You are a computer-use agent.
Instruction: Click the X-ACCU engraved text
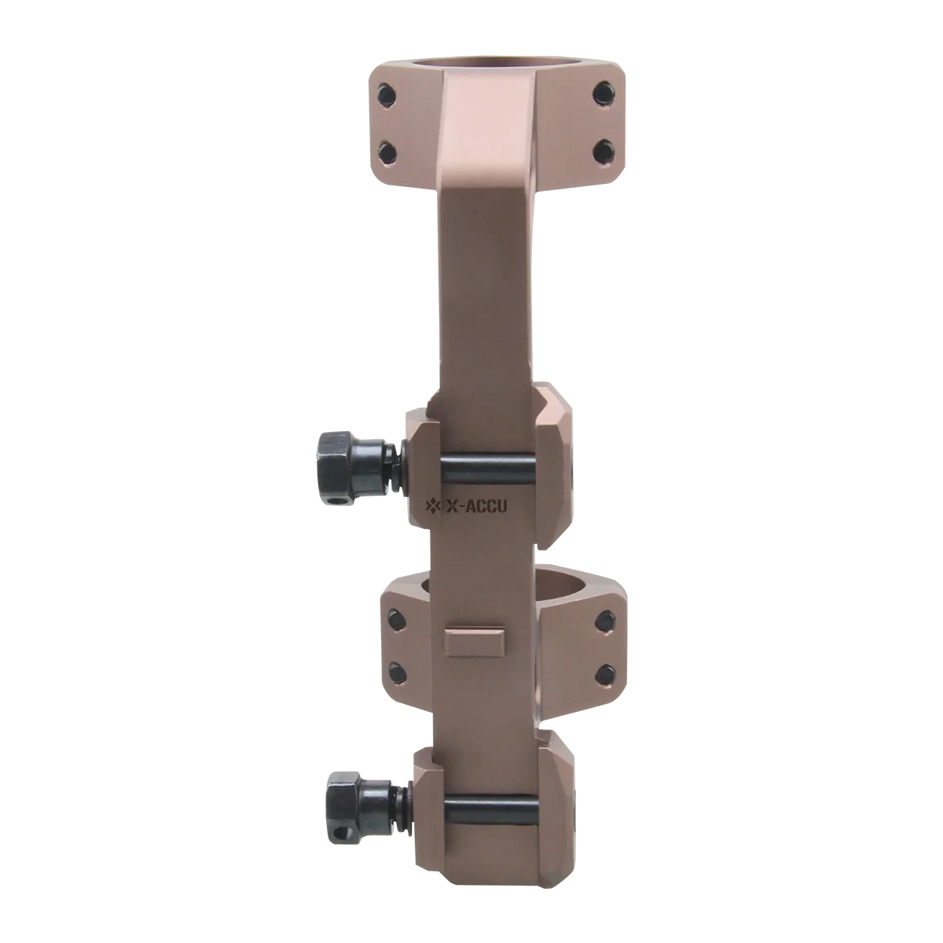474,507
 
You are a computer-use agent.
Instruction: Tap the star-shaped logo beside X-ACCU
432,506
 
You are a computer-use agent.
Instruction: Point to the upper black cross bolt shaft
490,470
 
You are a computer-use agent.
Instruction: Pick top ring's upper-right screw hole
603,94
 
